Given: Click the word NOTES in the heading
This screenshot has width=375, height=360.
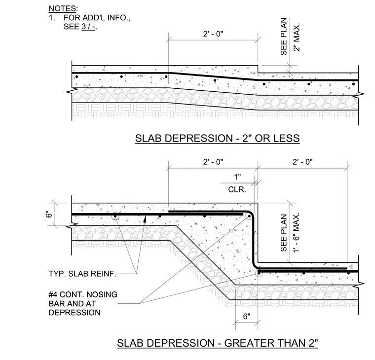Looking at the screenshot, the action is click(62, 8).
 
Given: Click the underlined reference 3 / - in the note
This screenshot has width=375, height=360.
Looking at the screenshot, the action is click(88, 27).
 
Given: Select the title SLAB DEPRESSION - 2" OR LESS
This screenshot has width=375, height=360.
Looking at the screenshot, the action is click(218, 139).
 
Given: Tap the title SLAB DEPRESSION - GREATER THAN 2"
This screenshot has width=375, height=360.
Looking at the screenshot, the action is click(218, 343).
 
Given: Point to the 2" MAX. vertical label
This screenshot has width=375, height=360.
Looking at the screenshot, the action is click(297, 37).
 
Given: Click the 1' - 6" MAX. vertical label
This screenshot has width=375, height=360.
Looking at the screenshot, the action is click(297, 232).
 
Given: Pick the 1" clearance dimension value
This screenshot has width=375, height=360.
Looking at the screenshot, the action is click(237, 177).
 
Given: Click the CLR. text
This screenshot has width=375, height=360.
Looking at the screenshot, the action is click(237, 189).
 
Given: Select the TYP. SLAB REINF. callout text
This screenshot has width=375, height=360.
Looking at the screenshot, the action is click(82, 274).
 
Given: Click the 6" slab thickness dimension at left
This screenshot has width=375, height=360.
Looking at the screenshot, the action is click(49, 214).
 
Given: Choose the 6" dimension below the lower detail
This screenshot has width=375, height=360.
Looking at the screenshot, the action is click(247, 316).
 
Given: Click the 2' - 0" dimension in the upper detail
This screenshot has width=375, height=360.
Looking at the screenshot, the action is click(213, 34).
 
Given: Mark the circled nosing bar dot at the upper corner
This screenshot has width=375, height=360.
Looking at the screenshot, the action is click(249, 216).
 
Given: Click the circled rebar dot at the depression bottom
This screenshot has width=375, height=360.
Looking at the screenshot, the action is click(259, 273).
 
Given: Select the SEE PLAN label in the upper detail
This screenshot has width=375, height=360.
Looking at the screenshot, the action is click(284, 36).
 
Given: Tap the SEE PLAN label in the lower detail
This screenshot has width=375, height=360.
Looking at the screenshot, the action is click(284, 233).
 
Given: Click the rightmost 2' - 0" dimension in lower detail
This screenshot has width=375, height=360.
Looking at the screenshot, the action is click(302, 162).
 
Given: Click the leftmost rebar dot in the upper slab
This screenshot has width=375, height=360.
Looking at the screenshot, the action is click(77, 77).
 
